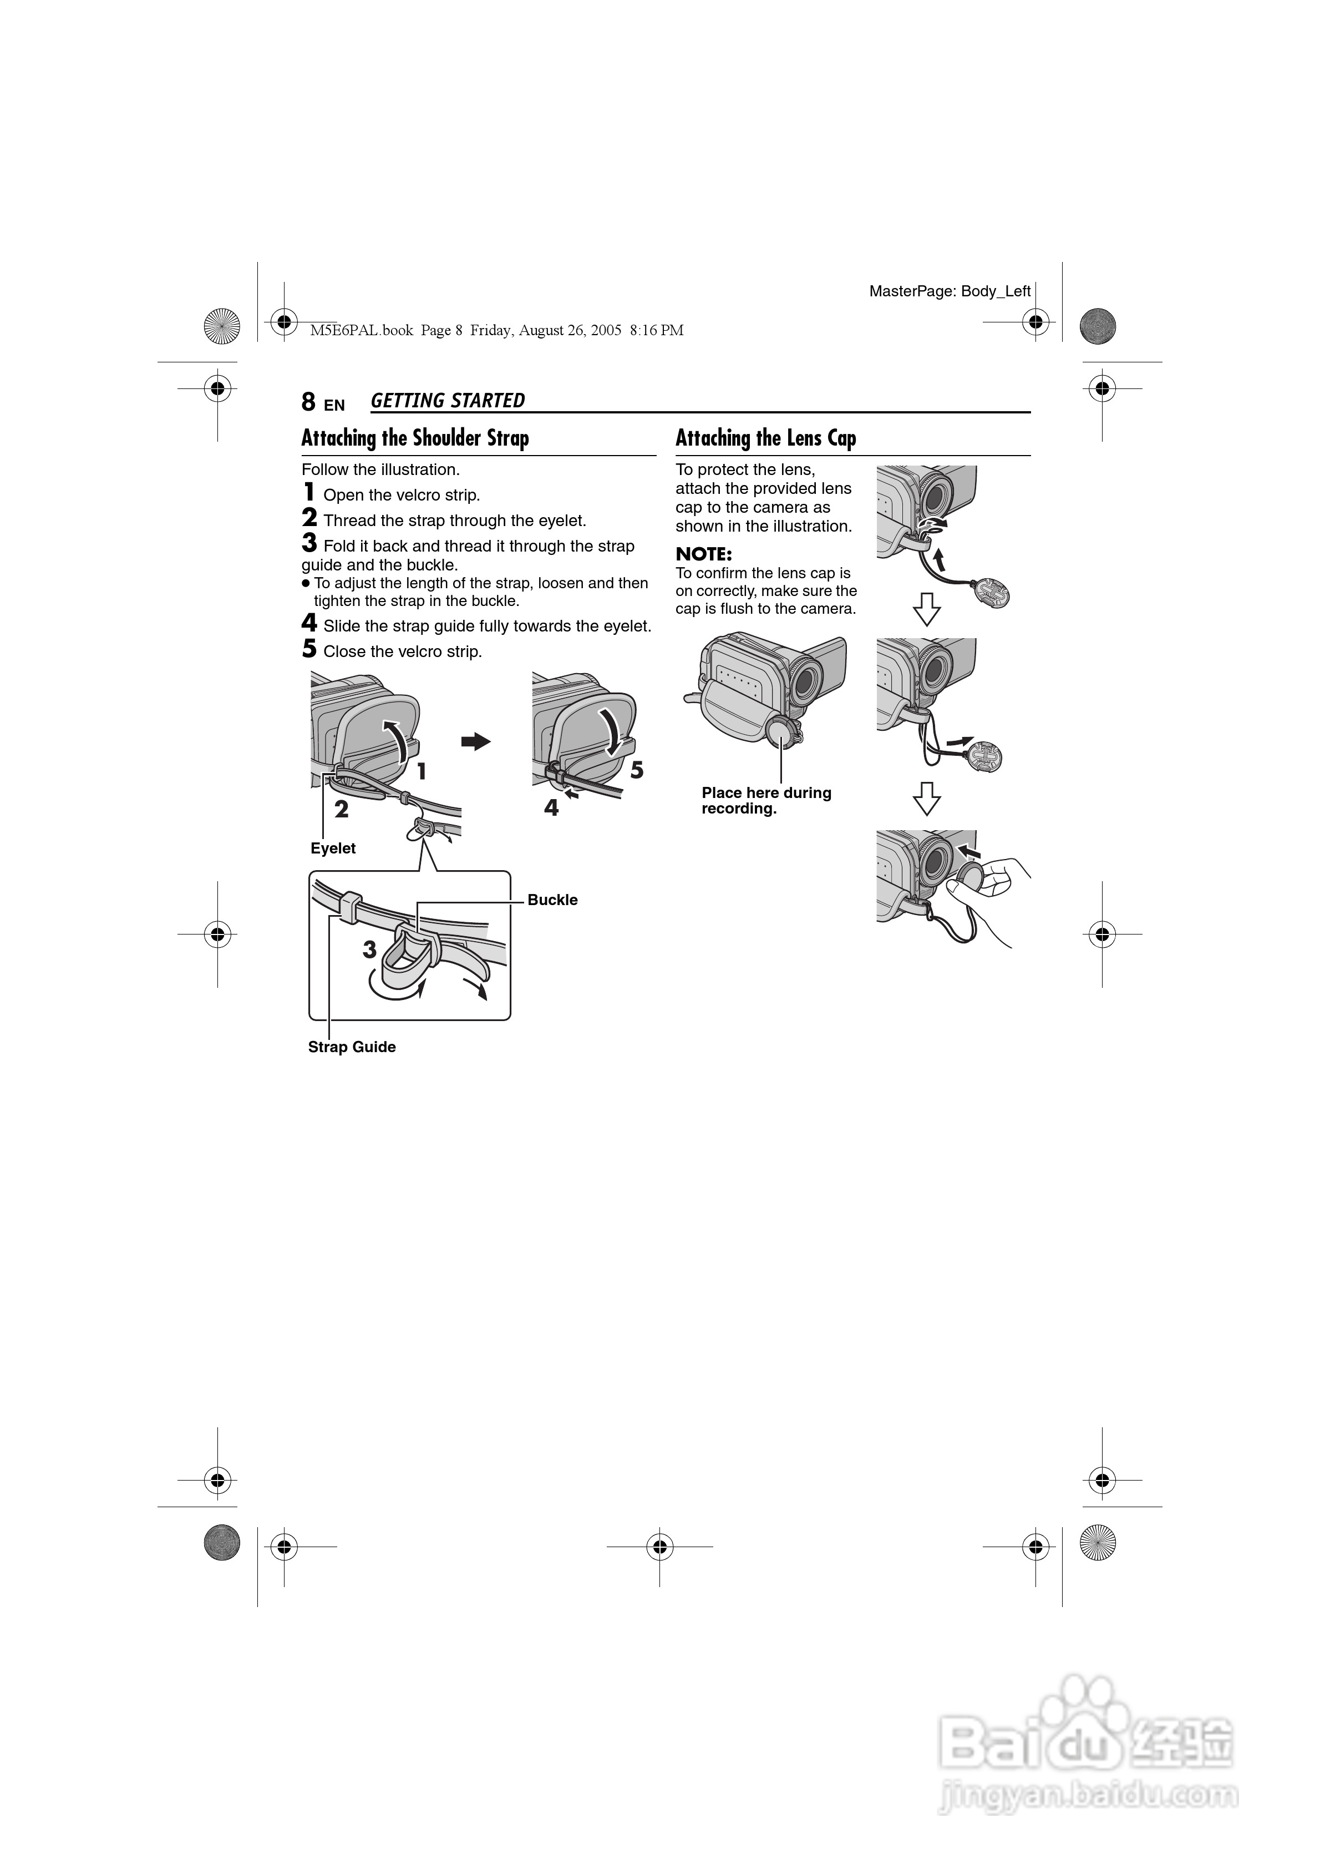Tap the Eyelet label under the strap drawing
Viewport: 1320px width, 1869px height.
(333, 848)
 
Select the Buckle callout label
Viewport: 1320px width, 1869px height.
(552, 900)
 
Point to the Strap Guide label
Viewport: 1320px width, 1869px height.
(352, 1047)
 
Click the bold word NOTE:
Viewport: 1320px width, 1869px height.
(704, 554)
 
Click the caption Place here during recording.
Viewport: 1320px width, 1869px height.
(766, 800)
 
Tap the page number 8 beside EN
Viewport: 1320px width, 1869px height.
(308, 402)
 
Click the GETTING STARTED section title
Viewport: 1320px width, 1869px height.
(448, 401)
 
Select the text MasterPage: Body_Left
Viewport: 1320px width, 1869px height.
(950, 291)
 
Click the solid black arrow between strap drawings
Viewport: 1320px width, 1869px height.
(476, 741)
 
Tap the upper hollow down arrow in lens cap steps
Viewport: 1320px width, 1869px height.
(927, 609)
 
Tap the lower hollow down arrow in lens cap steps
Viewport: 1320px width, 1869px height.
(927, 799)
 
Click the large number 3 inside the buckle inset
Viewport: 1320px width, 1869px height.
(369, 949)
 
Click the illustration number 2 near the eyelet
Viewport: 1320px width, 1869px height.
(342, 809)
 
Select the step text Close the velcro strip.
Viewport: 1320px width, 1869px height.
(402, 652)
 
